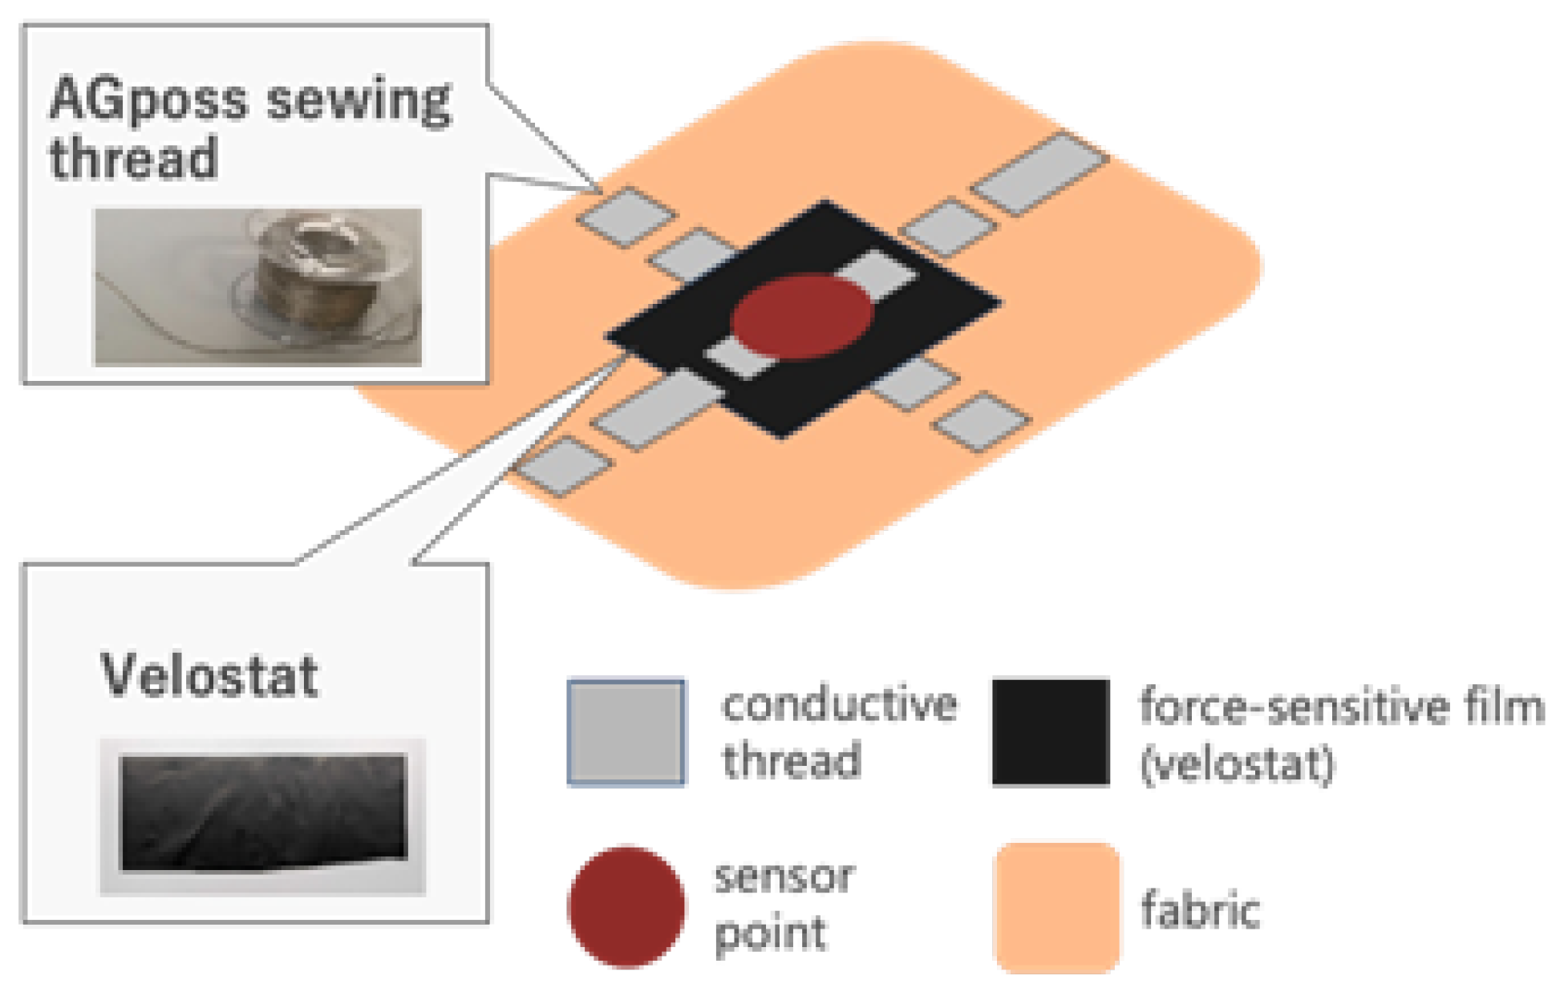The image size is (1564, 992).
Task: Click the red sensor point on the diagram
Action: pyautogui.click(x=800, y=316)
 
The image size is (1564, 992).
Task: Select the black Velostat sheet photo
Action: pyautogui.click(x=263, y=811)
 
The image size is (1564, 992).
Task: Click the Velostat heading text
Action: pyautogui.click(x=209, y=675)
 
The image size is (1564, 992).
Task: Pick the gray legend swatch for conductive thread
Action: pyautogui.click(x=626, y=731)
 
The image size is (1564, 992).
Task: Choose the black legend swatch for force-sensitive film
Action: pyautogui.click(x=1051, y=731)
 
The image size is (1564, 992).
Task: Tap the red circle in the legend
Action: pyautogui.click(x=626, y=906)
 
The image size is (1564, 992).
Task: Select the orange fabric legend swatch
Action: pyautogui.click(x=1057, y=907)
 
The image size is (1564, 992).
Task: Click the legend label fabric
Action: pyautogui.click(x=1200, y=909)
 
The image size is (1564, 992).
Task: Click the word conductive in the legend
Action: pyautogui.click(x=839, y=705)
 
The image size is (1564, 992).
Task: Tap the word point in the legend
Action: pyautogui.click(x=770, y=933)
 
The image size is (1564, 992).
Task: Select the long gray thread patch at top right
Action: pyautogui.click(x=1040, y=174)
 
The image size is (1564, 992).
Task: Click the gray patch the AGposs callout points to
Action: pyautogui.click(x=626, y=216)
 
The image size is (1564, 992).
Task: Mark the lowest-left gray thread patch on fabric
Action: pyautogui.click(x=565, y=466)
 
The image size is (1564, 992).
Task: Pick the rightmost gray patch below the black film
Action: pyautogui.click(x=983, y=421)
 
